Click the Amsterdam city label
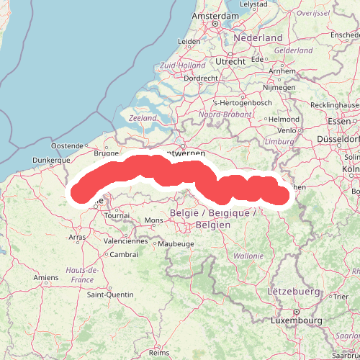pos(215,15)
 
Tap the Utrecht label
pos(230,62)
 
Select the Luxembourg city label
pos(295,320)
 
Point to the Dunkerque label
pos(50,161)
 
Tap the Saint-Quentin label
pos(110,294)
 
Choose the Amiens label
pos(46,277)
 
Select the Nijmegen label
pos(279,87)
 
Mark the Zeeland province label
pos(143,117)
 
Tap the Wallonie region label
pos(248,256)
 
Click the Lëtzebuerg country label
pos(293,292)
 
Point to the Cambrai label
pos(124,254)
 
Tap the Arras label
pos(77,236)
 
